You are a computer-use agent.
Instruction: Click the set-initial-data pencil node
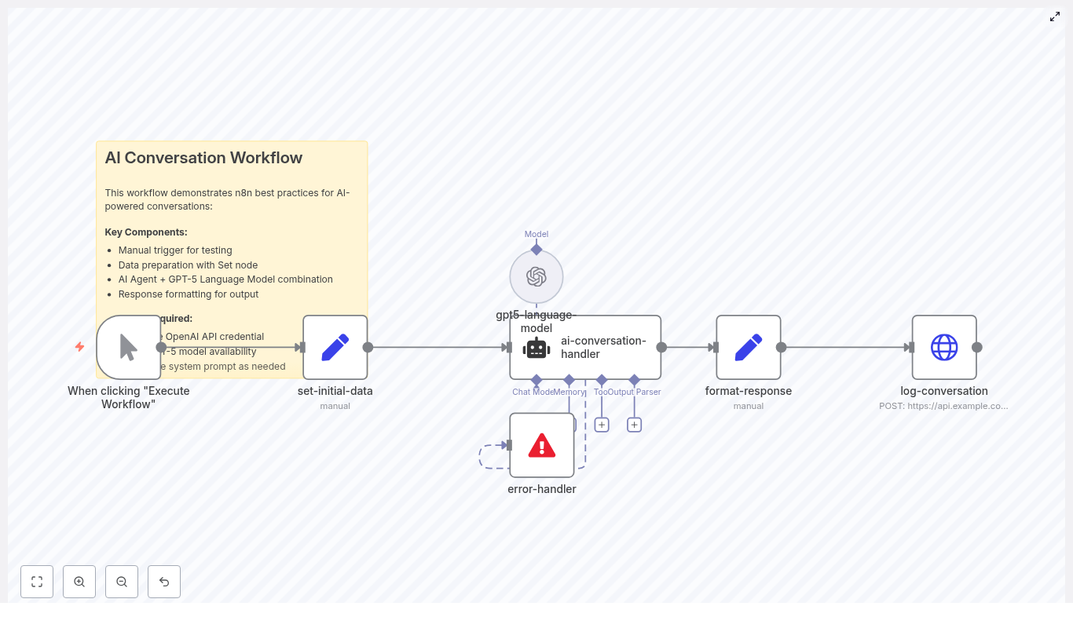[335, 347]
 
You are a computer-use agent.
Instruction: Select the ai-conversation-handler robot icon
[536, 348]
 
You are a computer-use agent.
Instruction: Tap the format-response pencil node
[749, 347]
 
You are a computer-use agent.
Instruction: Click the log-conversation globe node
[944, 347]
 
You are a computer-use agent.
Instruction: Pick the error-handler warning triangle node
[542, 445]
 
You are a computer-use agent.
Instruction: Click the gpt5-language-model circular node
[536, 276]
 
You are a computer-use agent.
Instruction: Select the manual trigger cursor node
[129, 347]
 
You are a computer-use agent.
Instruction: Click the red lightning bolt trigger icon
[79, 347]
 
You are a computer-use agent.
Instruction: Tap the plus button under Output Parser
[635, 425]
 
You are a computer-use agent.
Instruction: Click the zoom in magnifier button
[79, 582]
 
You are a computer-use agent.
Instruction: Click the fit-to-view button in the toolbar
[37, 582]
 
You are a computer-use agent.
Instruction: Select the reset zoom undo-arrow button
[164, 582]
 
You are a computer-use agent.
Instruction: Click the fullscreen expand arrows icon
[1055, 16]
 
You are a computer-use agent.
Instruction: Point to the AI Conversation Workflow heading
[203, 158]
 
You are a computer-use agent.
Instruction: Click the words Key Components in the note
[146, 232]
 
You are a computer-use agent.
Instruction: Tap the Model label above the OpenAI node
[536, 234]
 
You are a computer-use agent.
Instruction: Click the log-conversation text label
[944, 391]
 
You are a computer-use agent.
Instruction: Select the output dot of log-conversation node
[977, 347]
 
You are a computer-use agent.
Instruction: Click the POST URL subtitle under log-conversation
[943, 406]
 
